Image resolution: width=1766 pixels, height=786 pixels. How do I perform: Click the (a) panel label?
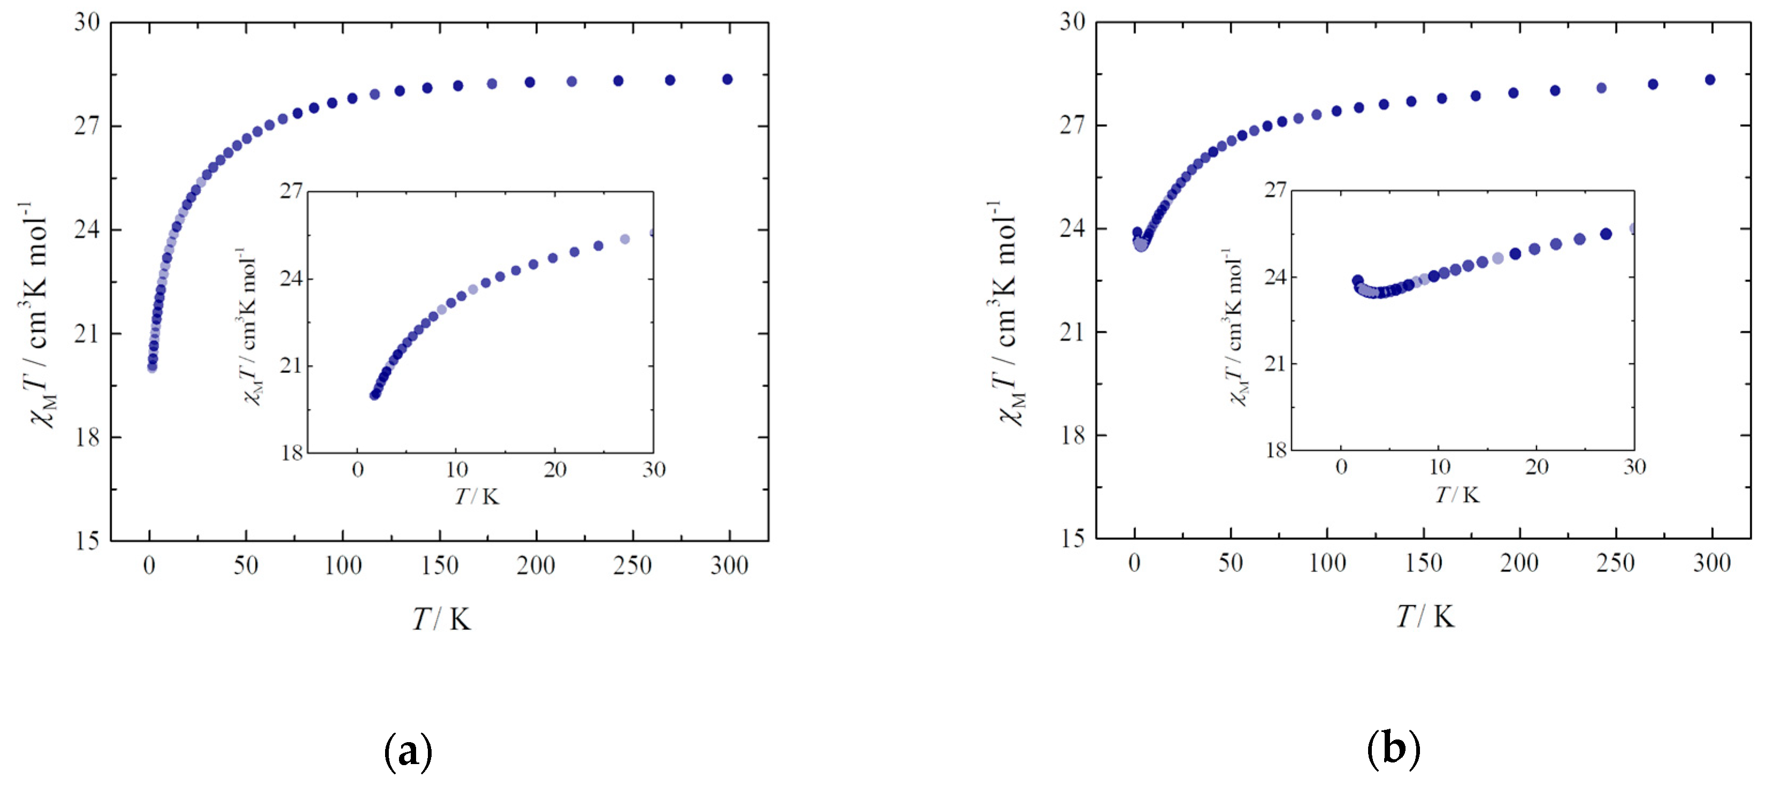coord(409,751)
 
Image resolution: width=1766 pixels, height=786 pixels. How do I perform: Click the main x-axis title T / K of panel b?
coord(1426,616)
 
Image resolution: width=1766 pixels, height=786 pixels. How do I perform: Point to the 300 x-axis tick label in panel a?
coord(730,566)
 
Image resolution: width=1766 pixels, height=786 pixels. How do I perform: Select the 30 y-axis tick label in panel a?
coord(87,22)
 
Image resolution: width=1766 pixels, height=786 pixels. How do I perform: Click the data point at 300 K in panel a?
coord(727,80)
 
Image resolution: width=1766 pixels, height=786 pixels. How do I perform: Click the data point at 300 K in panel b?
coord(1710,80)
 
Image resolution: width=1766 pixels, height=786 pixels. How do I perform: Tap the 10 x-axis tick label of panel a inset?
coord(457,470)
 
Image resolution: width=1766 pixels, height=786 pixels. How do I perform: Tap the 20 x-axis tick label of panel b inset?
coord(1537,468)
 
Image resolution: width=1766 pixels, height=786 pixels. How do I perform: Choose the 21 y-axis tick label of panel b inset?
coord(1275,363)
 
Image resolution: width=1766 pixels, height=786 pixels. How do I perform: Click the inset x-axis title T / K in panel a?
coord(477,497)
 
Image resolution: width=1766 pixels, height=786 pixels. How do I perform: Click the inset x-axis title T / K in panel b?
coord(1458,494)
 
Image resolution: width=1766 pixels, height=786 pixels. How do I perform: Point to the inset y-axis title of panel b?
coord(1234,328)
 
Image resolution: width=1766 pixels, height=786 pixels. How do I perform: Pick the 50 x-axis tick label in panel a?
coord(246,566)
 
